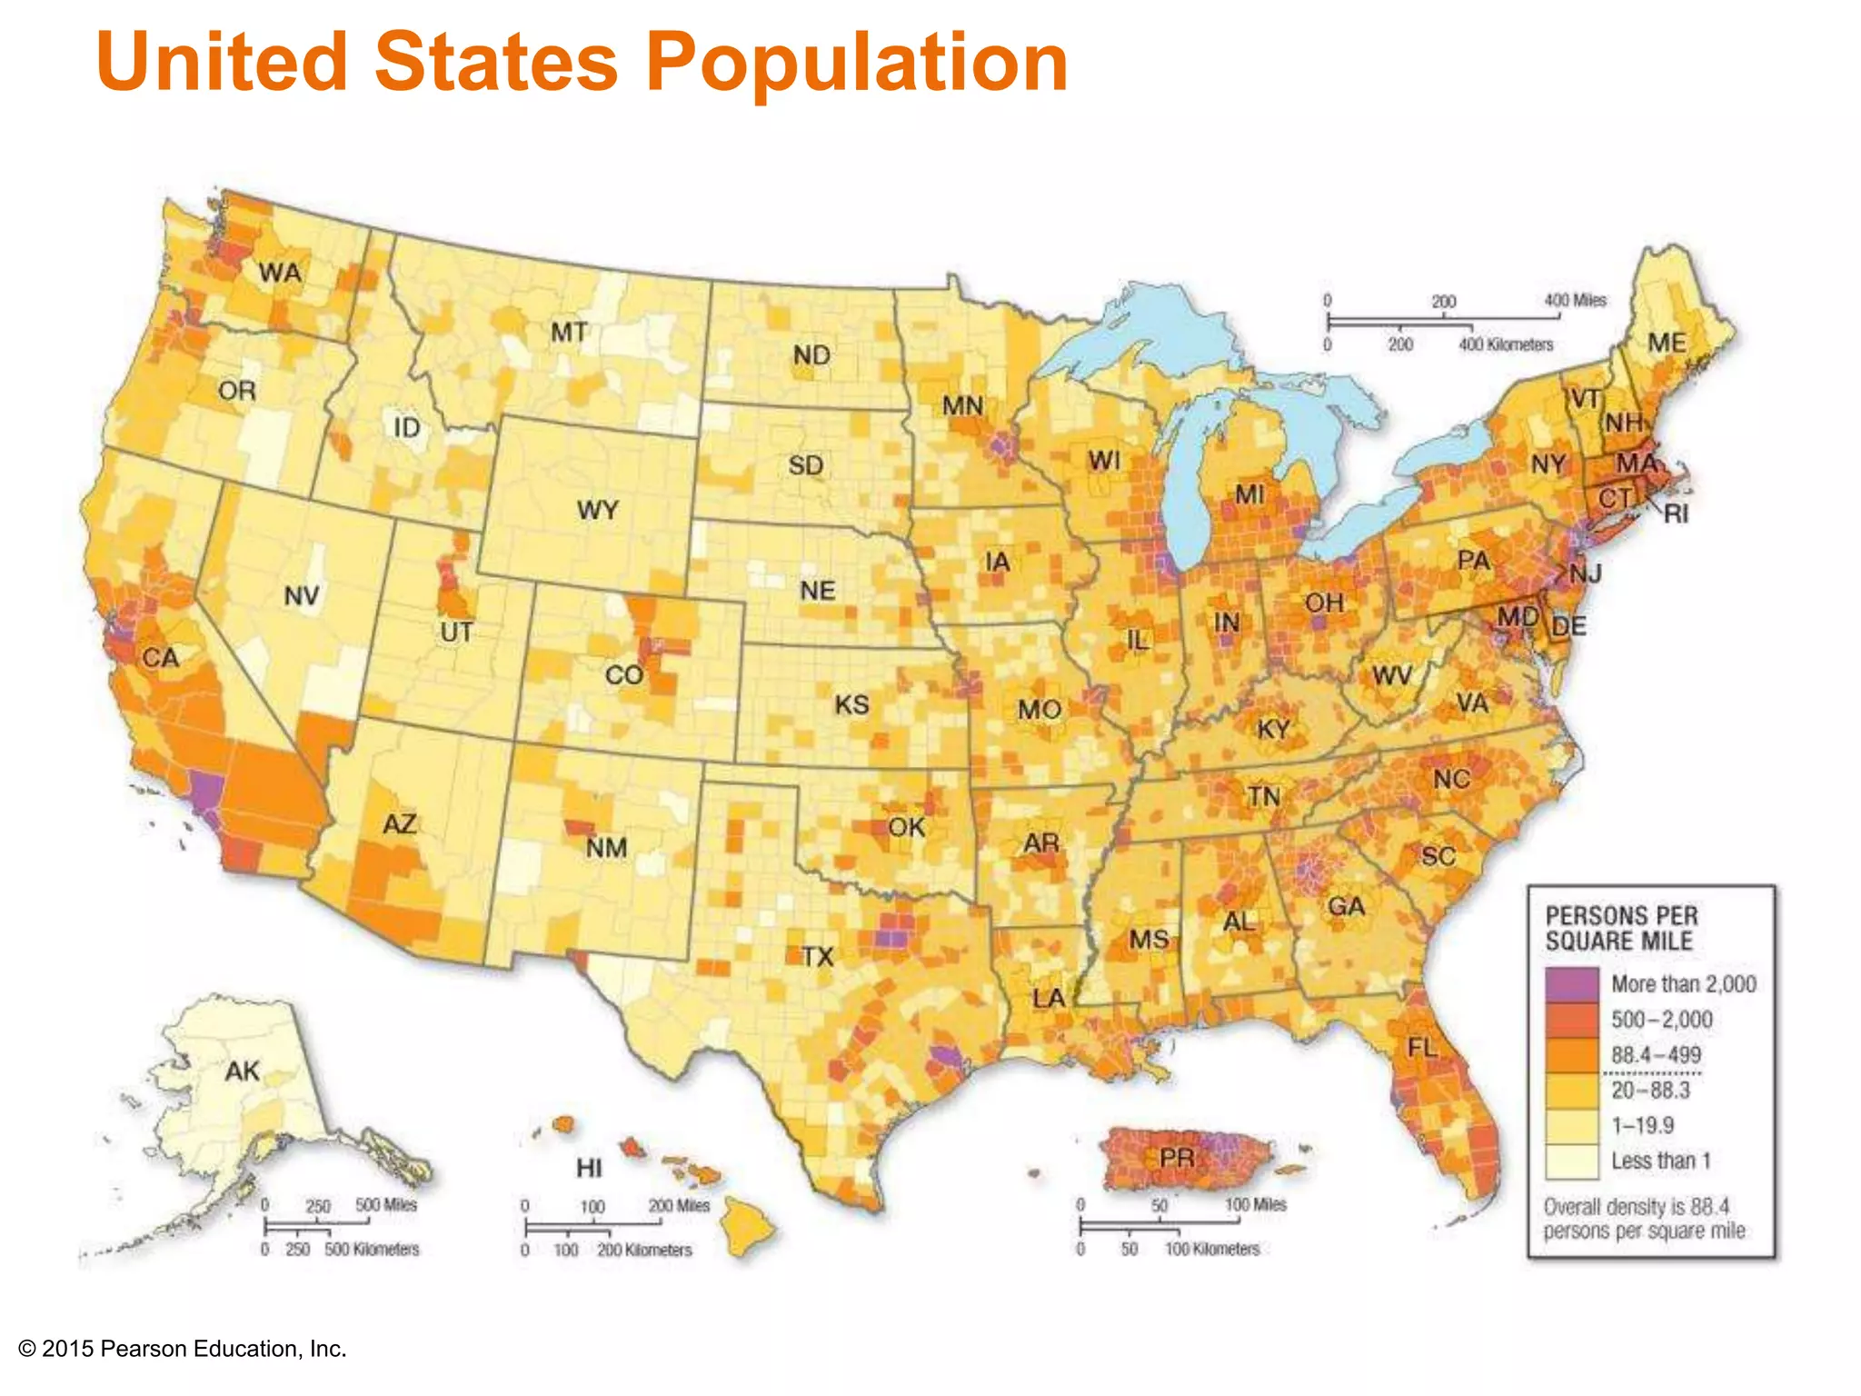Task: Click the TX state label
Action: [x=818, y=956]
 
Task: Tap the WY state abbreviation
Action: [x=597, y=510]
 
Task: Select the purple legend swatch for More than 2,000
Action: [x=1572, y=984]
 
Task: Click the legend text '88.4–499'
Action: [x=1656, y=1055]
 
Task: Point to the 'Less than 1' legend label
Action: [x=1660, y=1162]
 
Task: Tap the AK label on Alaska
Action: [x=243, y=1072]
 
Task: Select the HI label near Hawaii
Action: [x=589, y=1167]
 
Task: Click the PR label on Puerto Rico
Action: [x=1177, y=1158]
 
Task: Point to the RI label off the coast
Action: [x=1677, y=514]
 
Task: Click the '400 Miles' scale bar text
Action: [x=1575, y=301]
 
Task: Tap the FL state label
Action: [x=1422, y=1048]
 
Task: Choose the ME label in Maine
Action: [x=1667, y=343]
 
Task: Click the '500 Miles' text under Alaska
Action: [x=385, y=1205]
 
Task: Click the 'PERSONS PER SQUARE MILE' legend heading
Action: [x=1621, y=928]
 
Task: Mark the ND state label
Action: [x=811, y=355]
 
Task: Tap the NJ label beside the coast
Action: [x=1586, y=573]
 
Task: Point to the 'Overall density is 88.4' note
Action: [x=1636, y=1207]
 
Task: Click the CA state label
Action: [x=161, y=658]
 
